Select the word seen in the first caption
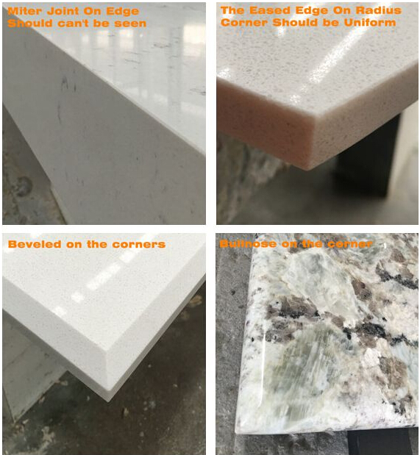pyautogui.click(x=131, y=23)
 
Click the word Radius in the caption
pyautogui.click(x=382, y=11)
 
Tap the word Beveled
pyautogui.click(x=32, y=244)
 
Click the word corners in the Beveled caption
pyautogui.click(x=140, y=244)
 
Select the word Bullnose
pyautogui.click(x=247, y=244)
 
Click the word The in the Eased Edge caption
pyautogui.click(x=233, y=11)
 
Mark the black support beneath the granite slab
pyautogui.click(x=379, y=441)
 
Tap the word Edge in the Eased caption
pyautogui.click(x=314, y=11)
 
